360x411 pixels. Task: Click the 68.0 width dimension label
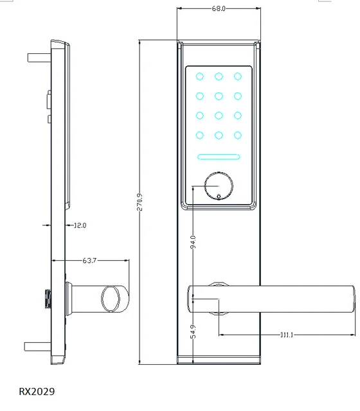219,8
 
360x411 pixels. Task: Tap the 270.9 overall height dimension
139,202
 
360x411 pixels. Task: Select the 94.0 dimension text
193,242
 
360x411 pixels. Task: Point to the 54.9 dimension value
193,331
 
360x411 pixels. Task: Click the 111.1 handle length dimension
287,335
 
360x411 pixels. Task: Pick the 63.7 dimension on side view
89,261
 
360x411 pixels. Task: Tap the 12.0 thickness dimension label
80,225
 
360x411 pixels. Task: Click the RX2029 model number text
37,391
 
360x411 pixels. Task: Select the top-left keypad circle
200,76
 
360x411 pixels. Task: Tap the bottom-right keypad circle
238,136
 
